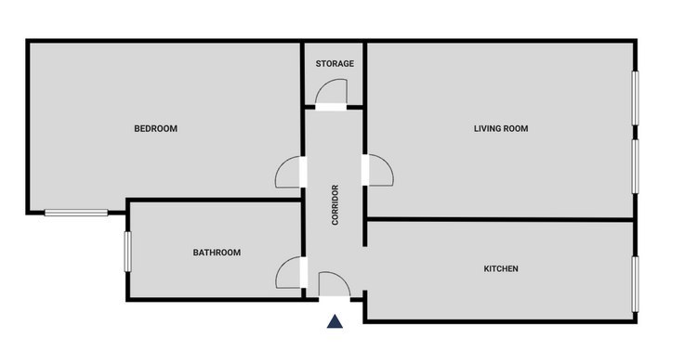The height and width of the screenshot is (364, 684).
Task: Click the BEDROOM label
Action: (155, 128)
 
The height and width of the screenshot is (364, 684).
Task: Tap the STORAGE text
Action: (335, 64)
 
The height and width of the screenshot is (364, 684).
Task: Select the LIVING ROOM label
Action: (501, 128)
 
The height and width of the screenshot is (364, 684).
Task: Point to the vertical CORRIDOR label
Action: (335, 205)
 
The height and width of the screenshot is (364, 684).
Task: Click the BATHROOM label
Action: (217, 253)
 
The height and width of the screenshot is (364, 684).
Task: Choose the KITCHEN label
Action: (501, 269)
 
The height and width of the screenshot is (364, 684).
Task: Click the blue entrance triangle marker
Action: (335, 321)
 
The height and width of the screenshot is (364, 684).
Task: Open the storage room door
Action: (332, 93)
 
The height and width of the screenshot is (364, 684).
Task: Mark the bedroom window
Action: (76, 213)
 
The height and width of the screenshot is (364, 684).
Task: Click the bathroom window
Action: (128, 252)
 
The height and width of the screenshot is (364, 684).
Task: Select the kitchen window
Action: (635, 284)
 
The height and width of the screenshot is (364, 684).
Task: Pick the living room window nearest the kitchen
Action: (635, 166)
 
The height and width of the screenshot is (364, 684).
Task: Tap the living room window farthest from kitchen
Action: (635, 98)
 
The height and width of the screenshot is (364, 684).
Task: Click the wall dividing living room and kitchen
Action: (499, 219)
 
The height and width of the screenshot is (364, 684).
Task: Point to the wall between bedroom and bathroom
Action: (214, 200)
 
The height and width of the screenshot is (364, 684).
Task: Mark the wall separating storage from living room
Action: (364, 74)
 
